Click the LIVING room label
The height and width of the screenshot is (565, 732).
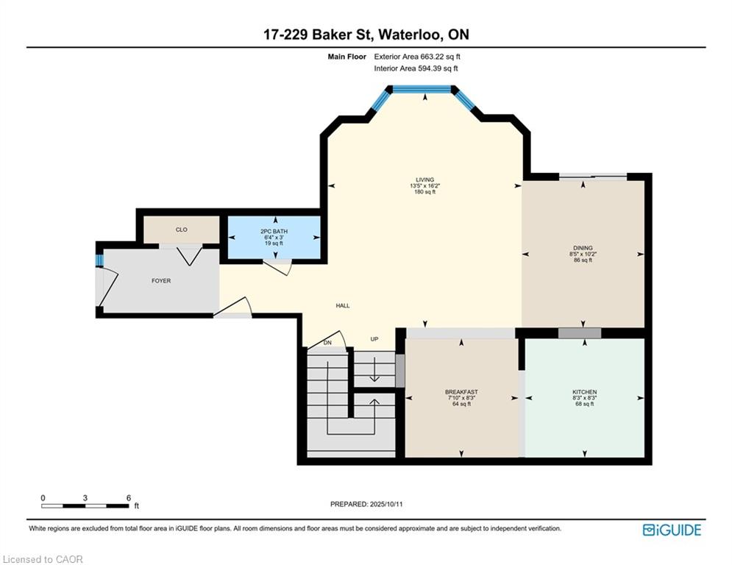pos(424,180)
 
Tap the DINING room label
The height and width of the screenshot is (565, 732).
pos(583,248)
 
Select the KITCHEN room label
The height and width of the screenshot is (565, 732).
pos(584,392)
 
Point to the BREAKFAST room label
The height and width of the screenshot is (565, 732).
pos(461,392)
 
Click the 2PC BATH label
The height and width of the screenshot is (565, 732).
pos(274,231)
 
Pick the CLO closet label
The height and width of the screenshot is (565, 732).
pos(182,230)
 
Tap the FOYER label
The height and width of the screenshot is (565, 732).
pos(161,280)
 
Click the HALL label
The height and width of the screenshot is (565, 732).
pos(343,305)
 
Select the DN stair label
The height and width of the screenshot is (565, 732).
pos(327,343)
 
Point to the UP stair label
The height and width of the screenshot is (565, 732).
pos(374,339)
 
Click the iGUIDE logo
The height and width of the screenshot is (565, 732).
pos(672,530)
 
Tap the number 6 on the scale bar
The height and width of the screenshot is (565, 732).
pos(129,498)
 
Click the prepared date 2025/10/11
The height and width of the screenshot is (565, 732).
pos(386,504)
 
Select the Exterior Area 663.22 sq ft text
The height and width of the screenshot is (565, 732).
pos(417,57)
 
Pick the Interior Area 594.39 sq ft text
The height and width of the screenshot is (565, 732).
pos(416,68)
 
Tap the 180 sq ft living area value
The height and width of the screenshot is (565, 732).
pos(424,191)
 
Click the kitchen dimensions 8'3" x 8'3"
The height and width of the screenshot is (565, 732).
pos(584,398)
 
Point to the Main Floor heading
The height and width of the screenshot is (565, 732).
pos(347,57)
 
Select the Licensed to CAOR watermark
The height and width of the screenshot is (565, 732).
pos(43,559)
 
